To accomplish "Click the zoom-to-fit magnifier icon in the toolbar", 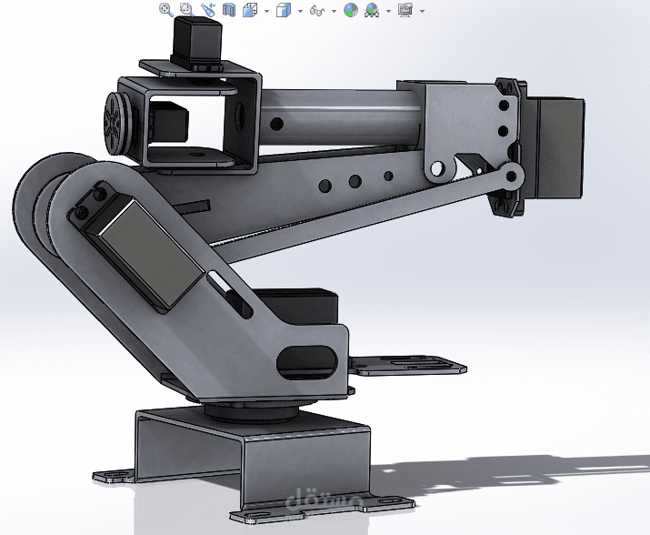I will point(166,10).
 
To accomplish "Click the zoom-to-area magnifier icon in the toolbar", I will point(186,10).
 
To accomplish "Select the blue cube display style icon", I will point(283,11).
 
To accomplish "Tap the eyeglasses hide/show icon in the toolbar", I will point(316,11).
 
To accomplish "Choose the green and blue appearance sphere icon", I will point(351,11).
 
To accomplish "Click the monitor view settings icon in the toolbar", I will point(405,11).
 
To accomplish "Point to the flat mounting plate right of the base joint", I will point(406,366).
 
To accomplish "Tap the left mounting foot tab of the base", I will point(112,475).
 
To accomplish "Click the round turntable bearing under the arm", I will point(250,410).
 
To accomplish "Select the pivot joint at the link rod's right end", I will point(512,176).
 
